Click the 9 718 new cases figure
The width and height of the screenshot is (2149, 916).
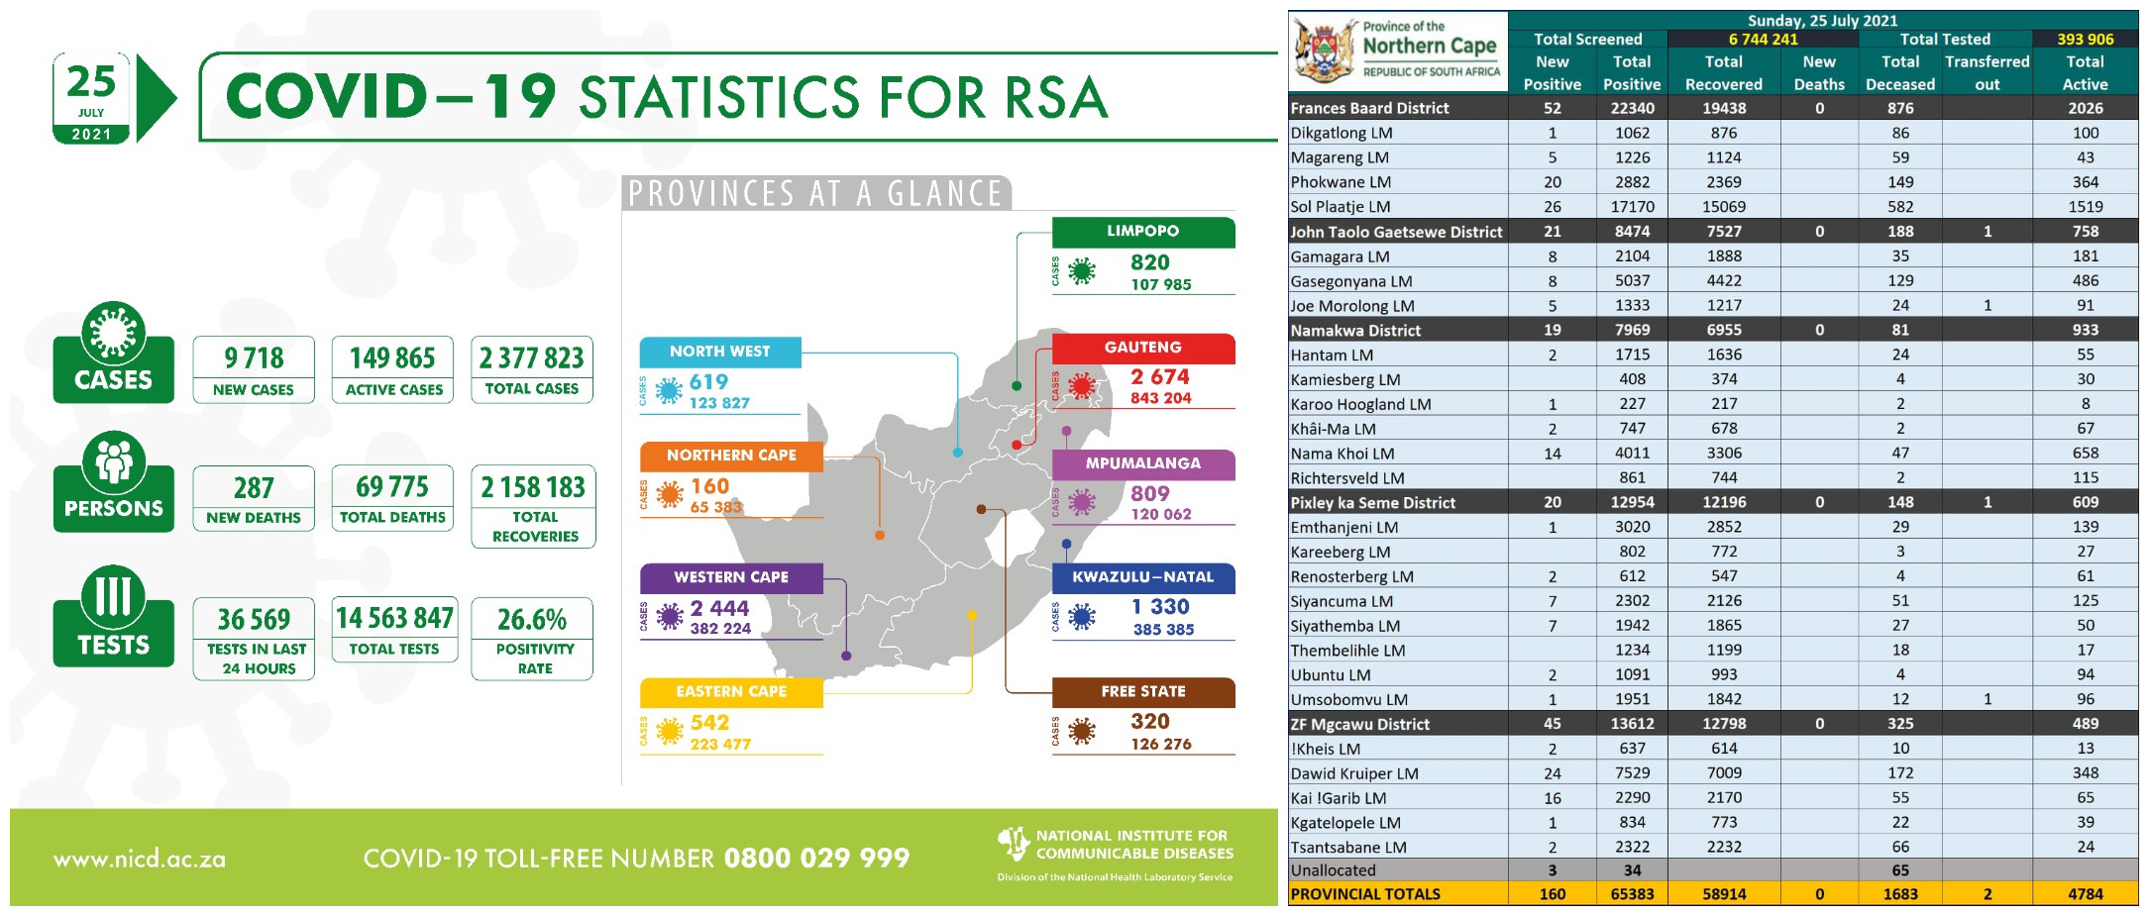[x=254, y=357]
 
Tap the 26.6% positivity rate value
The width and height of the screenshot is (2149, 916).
[x=532, y=620]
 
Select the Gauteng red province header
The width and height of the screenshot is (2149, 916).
[x=1142, y=348]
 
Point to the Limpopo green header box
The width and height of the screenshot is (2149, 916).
[x=1142, y=231]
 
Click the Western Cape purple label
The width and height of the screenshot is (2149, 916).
[x=731, y=577]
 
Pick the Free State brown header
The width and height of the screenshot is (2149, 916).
[x=1142, y=691]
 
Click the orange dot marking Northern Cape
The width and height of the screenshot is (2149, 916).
[x=880, y=535]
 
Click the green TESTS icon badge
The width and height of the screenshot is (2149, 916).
[x=113, y=617]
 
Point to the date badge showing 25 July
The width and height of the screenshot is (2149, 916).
[x=91, y=98]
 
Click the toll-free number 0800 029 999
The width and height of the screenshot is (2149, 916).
[x=816, y=858]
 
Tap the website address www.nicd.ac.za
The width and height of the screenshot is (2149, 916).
[x=140, y=860]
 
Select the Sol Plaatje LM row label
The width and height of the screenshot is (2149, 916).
[x=1341, y=207]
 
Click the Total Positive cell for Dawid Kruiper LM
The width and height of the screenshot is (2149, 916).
[x=1632, y=773]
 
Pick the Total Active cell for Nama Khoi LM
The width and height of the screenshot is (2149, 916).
[x=2085, y=454]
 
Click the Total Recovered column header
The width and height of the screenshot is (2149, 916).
[x=1723, y=73]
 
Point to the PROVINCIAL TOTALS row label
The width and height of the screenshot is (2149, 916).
[x=1365, y=894]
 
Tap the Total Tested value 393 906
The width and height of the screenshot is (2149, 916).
[x=2085, y=40]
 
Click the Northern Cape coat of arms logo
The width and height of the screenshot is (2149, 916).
[x=1325, y=51]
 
